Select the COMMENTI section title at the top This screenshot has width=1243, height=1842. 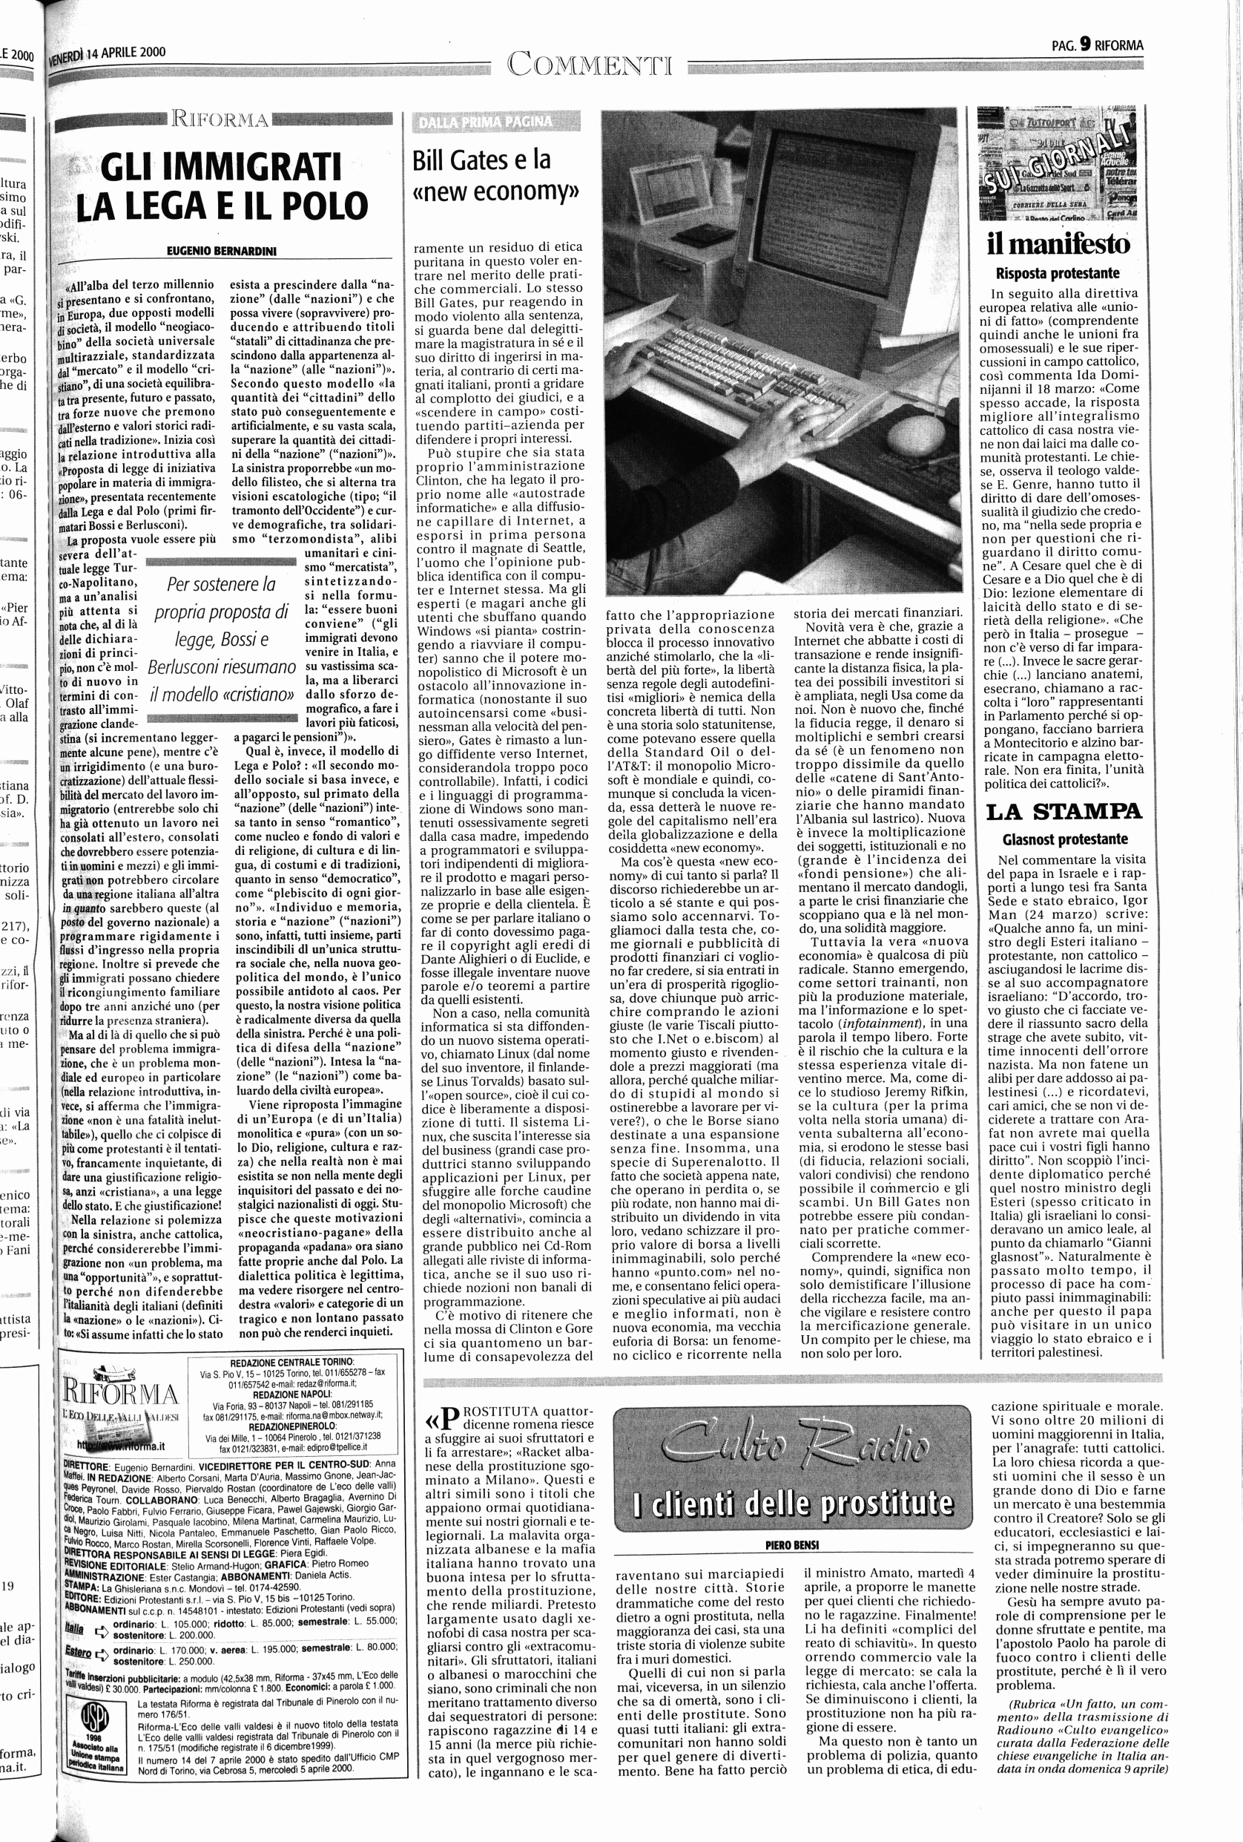click(x=590, y=63)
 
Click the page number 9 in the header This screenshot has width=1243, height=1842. click(x=1081, y=45)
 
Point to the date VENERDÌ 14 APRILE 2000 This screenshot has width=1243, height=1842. click(x=107, y=54)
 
